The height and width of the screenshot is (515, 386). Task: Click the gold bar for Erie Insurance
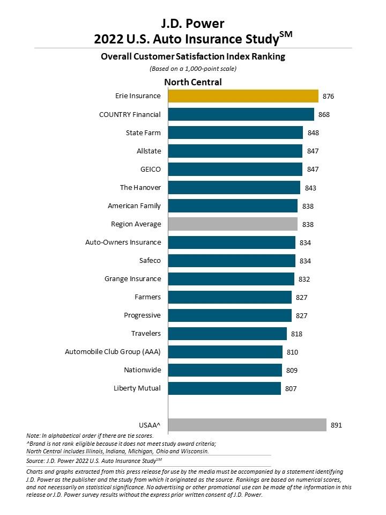click(x=243, y=96)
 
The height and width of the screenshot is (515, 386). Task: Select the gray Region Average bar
click(x=233, y=224)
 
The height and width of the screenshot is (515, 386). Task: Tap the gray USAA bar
click(x=247, y=425)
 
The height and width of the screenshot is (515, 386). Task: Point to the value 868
click(x=324, y=115)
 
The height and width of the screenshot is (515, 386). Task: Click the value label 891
click(x=336, y=425)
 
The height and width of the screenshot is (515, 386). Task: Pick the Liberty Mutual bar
click(x=225, y=388)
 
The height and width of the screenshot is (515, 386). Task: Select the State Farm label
click(x=143, y=133)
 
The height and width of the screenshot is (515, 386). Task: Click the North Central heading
click(x=192, y=82)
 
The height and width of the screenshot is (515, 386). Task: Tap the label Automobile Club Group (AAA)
click(x=113, y=352)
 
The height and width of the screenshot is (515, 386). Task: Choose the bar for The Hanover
click(x=234, y=187)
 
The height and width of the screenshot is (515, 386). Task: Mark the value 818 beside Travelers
click(x=296, y=334)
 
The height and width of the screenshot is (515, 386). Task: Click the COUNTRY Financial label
click(x=130, y=114)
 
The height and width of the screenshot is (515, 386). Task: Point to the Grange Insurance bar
click(x=231, y=279)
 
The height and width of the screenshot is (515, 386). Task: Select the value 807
click(x=291, y=388)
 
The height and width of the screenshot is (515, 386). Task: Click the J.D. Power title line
click(x=192, y=23)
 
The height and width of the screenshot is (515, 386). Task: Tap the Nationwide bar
click(x=225, y=370)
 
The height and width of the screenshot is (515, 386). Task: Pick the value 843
click(x=310, y=188)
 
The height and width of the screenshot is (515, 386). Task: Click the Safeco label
click(x=150, y=261)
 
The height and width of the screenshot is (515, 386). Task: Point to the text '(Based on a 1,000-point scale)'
click(x=192, y=68)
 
